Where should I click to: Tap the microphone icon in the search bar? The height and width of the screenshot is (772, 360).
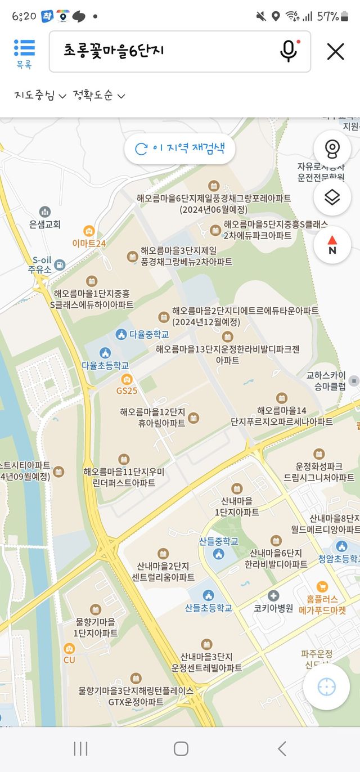[289, 51]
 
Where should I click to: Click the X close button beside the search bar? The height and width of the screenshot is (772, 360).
[335, 52]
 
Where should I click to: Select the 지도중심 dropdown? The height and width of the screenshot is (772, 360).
[40, 96]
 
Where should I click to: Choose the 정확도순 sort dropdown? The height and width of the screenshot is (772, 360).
[98, 96]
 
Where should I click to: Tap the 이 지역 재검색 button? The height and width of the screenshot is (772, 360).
[179, 149]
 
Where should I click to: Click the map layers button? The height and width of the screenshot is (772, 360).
[332, 198]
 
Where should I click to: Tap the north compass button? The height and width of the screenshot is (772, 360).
[332, 245]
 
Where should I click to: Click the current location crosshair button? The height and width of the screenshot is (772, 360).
[326, 687]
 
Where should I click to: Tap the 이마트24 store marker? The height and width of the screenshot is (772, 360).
[89, 231]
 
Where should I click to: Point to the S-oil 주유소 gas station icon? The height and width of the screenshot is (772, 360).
[59, 264]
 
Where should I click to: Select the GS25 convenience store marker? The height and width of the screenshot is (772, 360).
[127, 379]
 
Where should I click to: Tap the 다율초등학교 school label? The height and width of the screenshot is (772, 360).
[105, 365]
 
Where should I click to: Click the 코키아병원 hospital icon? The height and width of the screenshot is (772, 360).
[273, 595]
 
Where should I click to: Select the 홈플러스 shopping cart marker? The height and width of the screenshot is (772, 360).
[322, 586]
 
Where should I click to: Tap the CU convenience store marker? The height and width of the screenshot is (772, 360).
[69, 648]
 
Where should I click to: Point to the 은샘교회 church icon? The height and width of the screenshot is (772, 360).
[44, 212]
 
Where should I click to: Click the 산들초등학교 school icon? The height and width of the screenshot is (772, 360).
[208, 595]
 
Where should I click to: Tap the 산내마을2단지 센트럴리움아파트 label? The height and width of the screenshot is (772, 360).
[166, 571]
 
